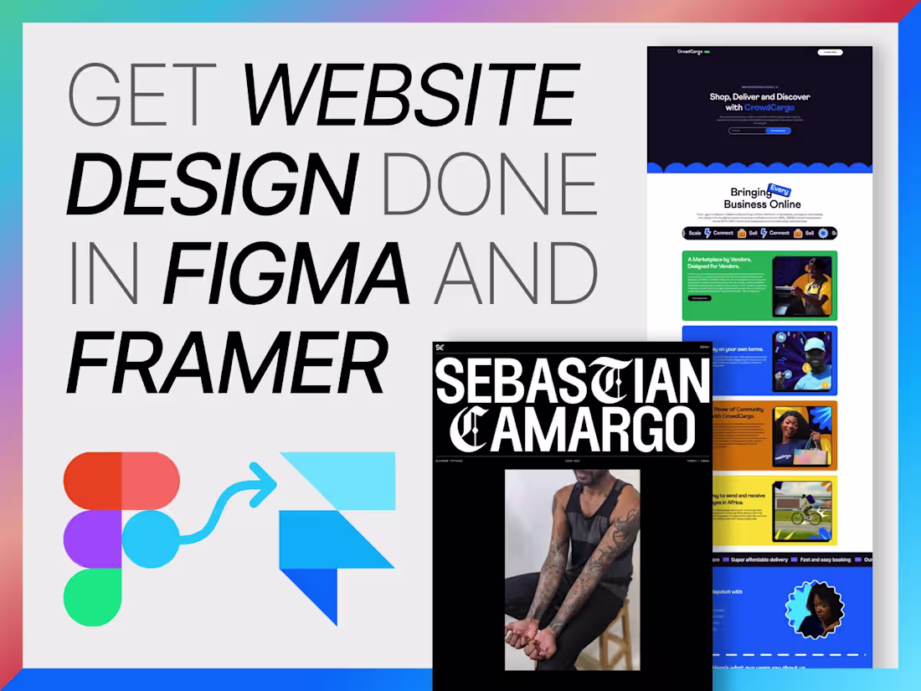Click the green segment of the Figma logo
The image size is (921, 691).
(x=92, y=596)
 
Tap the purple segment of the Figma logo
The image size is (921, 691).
(x=92, y=539)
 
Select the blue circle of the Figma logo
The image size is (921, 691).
(x=151, y=539)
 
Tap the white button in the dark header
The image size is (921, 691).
(x=830, y=52)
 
